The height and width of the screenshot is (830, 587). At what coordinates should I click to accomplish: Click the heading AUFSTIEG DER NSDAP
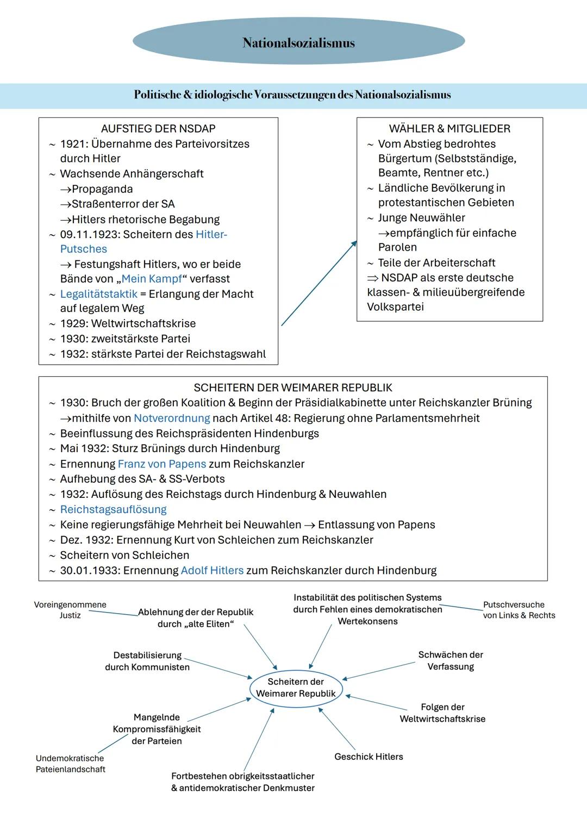click(x=158, y=129)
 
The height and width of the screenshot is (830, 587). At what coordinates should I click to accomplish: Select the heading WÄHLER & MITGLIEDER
click(x=449, y=129)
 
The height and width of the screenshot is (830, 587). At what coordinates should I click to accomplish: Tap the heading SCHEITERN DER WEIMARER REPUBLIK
click(x=293, y=388)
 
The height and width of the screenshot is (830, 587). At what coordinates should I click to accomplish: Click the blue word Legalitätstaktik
click(x=98, y=294)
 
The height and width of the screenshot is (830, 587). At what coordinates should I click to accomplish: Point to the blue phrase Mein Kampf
click(x=152, y=279)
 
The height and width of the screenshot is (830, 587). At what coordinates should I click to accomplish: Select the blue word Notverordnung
click(x=172, y=418)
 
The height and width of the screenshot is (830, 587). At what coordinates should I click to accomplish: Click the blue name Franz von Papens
click(x=162, y=464)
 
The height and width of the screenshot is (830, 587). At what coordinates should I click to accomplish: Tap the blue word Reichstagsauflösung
click(x=113, y=509)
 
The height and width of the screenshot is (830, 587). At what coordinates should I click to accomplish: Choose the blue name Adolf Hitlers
click(x=212, y=570)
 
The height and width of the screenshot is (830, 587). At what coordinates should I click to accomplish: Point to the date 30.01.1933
click(x=90, y=570)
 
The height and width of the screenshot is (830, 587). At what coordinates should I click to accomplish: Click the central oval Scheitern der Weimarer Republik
click(x=296, y=688)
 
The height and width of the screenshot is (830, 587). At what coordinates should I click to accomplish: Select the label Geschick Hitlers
click(x=369, y=757)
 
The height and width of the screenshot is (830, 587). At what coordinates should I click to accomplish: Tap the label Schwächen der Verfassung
click(x=451, y=660)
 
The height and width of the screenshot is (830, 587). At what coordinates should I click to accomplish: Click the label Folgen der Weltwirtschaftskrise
click(x=442, y=713)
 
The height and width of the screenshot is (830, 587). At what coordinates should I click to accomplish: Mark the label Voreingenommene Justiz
click(x=70, y=610)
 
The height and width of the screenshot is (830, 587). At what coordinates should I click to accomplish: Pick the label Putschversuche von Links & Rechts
click(x=519, y=610)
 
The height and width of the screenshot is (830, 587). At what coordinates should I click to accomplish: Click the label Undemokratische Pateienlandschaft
click(x=70, y=764)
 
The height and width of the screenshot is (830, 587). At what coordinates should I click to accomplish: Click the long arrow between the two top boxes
click(x=319, y=284)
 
